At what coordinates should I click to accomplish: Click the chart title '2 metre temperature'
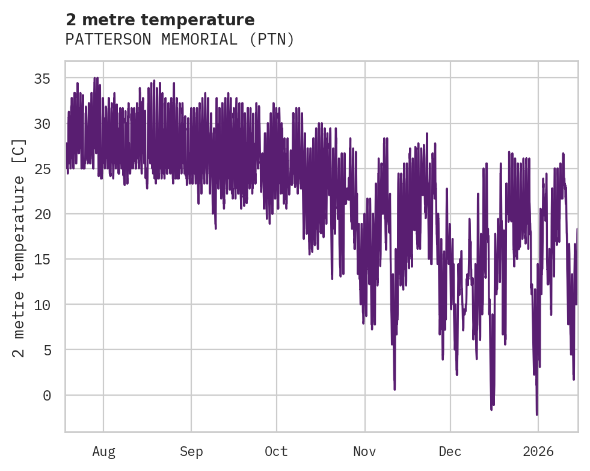160,20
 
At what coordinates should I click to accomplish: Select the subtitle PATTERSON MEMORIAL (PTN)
180,40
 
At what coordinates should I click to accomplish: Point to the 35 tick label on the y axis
41,79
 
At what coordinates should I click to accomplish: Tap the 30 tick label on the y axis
41,124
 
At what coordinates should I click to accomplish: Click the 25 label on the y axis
41,169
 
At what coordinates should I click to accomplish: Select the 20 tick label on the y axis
41,214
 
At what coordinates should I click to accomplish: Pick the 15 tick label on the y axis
41,260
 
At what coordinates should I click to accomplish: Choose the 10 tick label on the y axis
41,305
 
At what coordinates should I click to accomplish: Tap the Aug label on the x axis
103,451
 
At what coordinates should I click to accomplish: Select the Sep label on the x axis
191,451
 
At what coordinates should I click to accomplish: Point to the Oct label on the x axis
277,451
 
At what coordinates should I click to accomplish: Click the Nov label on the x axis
364,451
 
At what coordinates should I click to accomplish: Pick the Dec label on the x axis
450,451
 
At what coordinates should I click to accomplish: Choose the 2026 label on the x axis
538,451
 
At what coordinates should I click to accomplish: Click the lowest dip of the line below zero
536,414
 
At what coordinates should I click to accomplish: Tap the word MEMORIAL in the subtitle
191,40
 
